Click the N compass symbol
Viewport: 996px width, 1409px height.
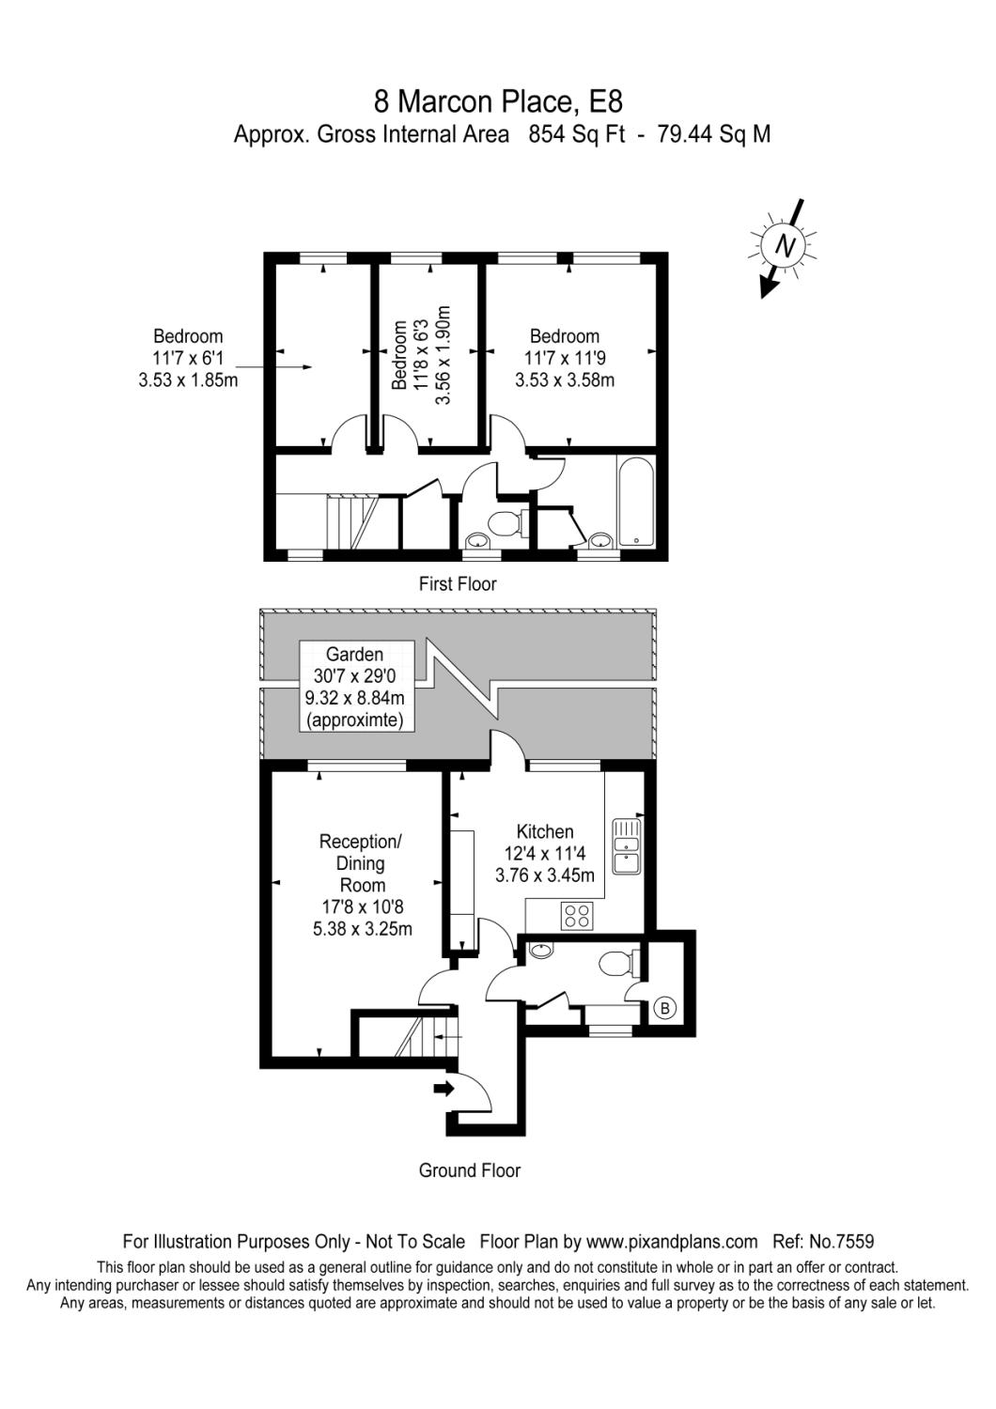(x=783, y=247)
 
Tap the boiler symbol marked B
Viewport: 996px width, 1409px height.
(x=664, y=1009)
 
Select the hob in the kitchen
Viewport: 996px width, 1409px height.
(x=576, y=916)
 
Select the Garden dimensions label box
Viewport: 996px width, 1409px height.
(x=355, y=688)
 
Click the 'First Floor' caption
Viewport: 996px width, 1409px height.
(x=458, y=584)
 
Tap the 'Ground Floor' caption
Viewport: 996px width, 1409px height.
(x=469, y=1170)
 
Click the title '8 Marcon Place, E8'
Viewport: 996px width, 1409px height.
(x=498, y=101)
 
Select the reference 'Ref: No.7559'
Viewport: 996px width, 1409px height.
(x=823, y=1241)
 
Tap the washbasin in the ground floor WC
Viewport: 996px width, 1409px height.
(x=542, y=951)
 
